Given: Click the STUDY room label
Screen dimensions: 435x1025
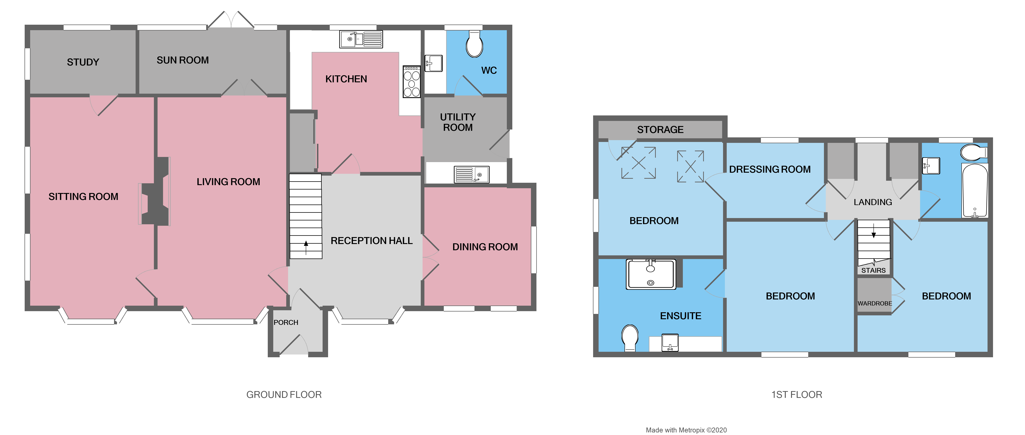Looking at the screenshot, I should [83, 62].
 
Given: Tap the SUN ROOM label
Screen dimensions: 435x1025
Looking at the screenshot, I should [183, 60].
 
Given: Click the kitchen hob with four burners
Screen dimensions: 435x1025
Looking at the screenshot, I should [411, 82].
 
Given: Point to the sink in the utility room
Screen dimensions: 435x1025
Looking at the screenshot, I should [472, 175].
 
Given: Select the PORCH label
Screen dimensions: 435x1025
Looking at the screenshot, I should [286, 322].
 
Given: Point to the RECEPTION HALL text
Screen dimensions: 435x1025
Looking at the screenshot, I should [371, 241].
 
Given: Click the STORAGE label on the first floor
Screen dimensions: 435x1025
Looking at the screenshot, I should [660, 130].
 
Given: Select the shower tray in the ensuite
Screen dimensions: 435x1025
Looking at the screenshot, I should [650, 274].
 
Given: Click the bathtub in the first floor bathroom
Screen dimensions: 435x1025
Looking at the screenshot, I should [975, 190].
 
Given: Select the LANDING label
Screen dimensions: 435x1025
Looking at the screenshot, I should [873, 202].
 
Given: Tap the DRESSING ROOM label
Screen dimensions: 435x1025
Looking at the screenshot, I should [769, 169].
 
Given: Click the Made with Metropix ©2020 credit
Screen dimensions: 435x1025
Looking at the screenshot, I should [686, 430].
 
